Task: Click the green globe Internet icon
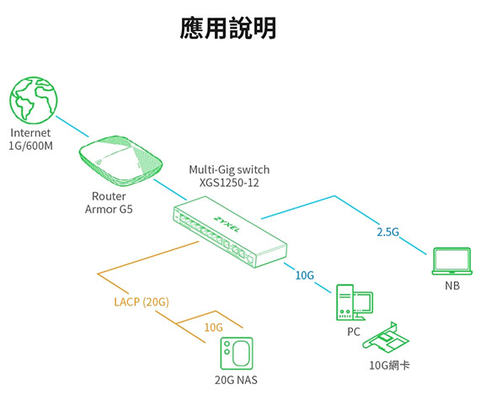click(x=34, y=100)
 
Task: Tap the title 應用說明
click(x=228, y=28)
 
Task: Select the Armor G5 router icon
click(x=120, y=161)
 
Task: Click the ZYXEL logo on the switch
click(x=227, y=224)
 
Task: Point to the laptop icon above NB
click(x=452, y=261)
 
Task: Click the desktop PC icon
click(x=355, y=302)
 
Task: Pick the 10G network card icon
click(x=386, y=338)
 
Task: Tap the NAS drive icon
click(x=237, y=354)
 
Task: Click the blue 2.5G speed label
click(x=388, y=232)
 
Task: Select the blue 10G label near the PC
click(x=305, y=275)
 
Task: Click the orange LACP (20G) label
click(x=141, y=302)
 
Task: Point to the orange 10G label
click(x=213, y=327)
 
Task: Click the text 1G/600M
click(x=30, y=146)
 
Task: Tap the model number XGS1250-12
click(x=229, y=183)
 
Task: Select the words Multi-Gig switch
click(x=229, y=170)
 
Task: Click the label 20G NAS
click(x=236, y=380)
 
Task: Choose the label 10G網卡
click(x=389, y=365)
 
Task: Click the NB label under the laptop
click(x=452, y=285)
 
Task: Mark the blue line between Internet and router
click(x=72, y=126)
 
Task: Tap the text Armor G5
click(x=109, y=210)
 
